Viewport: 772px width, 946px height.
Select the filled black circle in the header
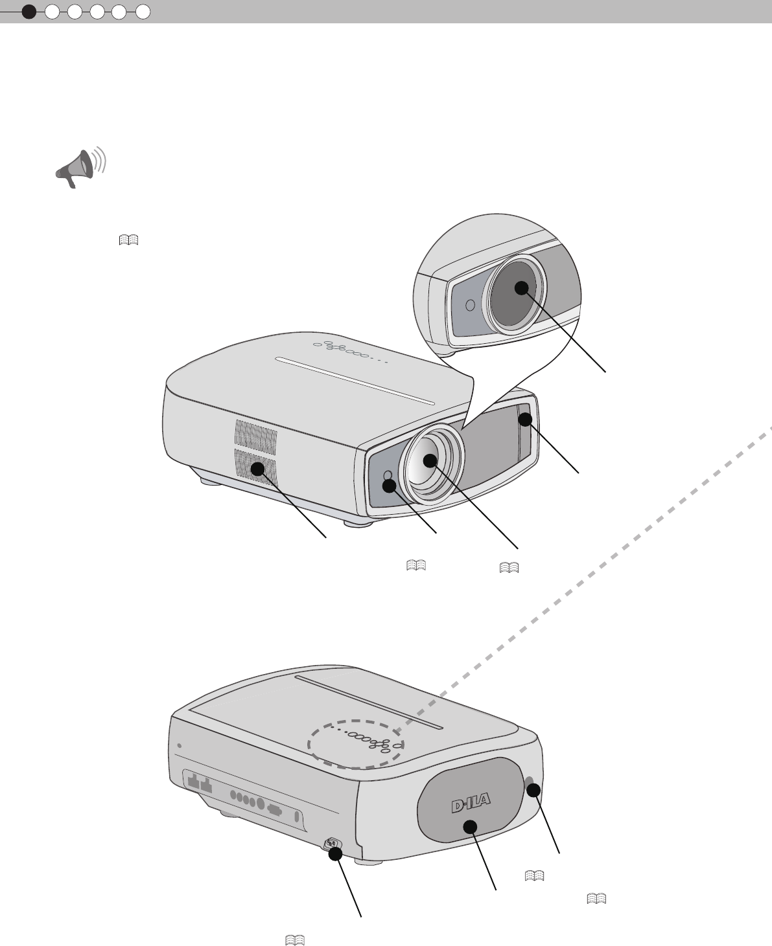click(x=29, y=11)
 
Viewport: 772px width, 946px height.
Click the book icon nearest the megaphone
click(x=129, y=240)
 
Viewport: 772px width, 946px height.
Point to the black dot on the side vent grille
click(x=259, y=467)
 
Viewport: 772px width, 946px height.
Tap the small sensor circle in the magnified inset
click(x=471, y=304)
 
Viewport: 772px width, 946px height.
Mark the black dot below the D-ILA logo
click(x=470, y=826)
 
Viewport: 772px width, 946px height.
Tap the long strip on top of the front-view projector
click(x=355, y=381)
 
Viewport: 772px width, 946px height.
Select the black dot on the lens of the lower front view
click(x=430, y=461)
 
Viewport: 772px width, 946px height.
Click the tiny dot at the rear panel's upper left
click(x=179, y=745)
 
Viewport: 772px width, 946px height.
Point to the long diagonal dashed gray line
click(x=583, y=583)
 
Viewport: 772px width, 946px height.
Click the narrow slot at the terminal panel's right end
click(x=298, y=817)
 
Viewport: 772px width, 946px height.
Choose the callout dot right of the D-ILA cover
click(x=534, y=790)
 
